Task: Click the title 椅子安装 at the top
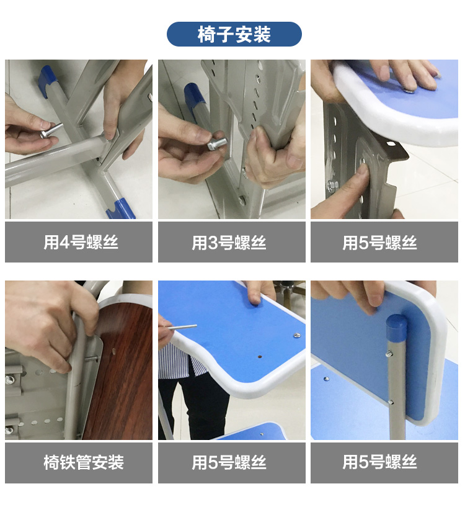point(234,34)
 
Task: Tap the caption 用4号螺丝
point(81,242)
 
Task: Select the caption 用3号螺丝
point(229,243)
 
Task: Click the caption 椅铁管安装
point(84,462)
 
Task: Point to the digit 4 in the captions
point(64,243)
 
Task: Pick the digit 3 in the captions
point(213,243)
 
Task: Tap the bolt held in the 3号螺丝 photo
point(218,144)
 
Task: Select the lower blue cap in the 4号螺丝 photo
point(120,209)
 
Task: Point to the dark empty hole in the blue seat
point(260,357)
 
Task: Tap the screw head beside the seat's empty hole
point(296,335)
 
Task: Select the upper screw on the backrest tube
point(389,354)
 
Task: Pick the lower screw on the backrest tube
point(391,402)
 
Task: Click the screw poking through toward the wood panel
point(92,359)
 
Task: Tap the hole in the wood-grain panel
point(113,352)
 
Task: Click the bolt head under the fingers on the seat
point(408,90)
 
